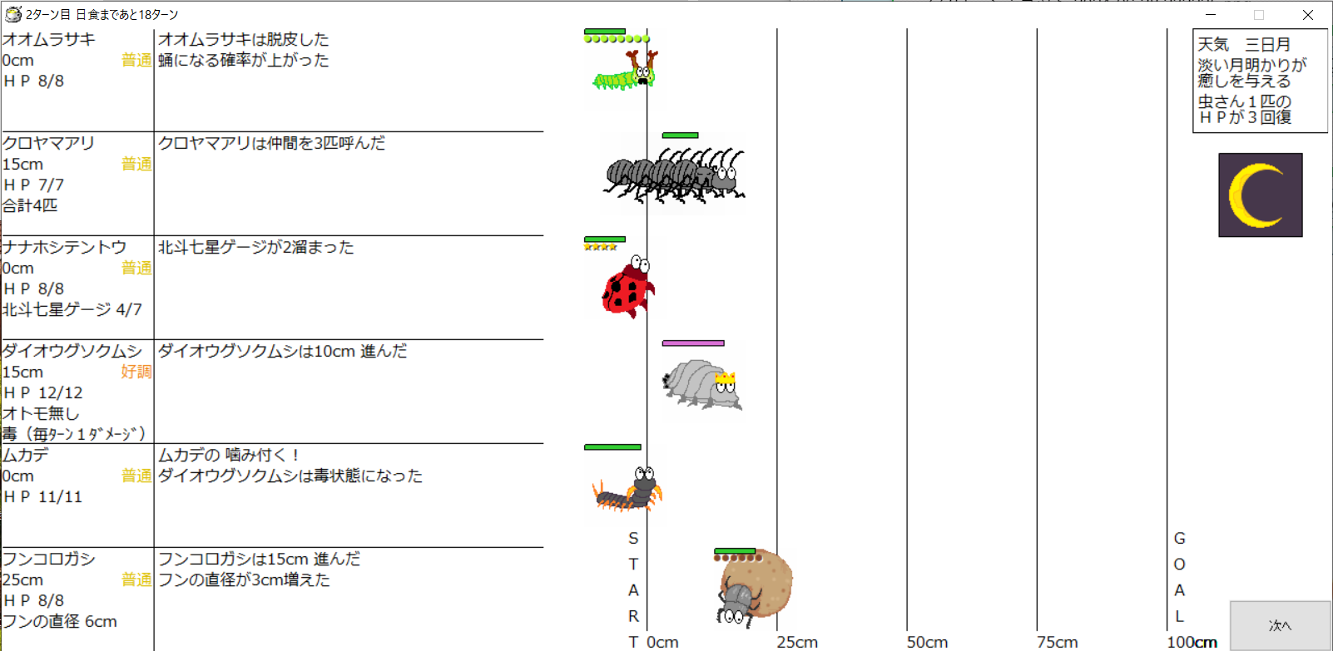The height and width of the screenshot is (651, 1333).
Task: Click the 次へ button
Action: [1280, 625]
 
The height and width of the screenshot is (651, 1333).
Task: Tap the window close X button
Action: [1308, 15]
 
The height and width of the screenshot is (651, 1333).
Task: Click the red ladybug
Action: [628, 289]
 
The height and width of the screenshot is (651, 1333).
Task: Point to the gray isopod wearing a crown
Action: [702, 384]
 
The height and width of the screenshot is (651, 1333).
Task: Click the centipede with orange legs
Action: [629, 491]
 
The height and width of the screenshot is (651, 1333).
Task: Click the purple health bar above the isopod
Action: [693, 343]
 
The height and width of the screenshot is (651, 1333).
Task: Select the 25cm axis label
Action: [797, 642]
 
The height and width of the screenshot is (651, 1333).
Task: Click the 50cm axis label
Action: [927, 642]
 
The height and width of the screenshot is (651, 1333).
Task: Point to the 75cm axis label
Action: [1057, 642]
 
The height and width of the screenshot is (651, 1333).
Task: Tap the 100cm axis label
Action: [1192, 642]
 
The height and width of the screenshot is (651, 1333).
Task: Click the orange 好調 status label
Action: [136, 372]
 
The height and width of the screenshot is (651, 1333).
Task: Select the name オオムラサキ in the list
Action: [49, 39]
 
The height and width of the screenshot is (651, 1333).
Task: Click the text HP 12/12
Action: [43, 392]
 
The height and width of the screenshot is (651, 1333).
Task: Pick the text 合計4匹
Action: [30, 205]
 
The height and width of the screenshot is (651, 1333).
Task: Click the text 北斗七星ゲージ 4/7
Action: [72, 309]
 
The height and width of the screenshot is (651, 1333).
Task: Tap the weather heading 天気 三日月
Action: [1244, 44]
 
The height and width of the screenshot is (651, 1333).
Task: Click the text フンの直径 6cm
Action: [59, 621]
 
